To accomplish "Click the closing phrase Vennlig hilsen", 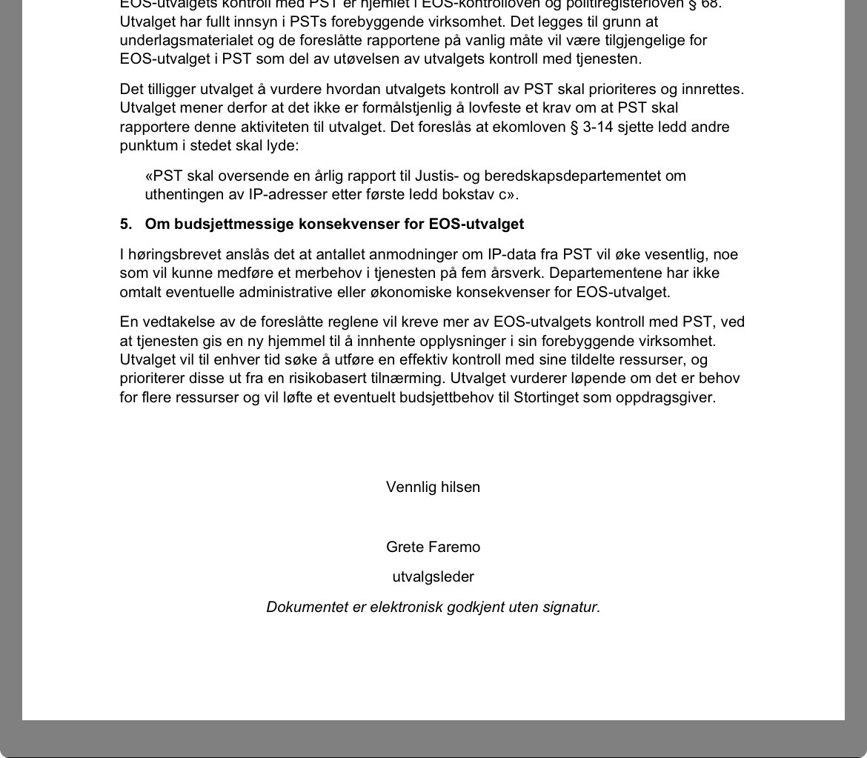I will (x=433, y=487).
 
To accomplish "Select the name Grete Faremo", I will (x=433, y=547).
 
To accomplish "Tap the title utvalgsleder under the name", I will (x=433, y=576).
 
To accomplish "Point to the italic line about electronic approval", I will (x=433, y=607).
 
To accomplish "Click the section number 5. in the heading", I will (x=126, y=224).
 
